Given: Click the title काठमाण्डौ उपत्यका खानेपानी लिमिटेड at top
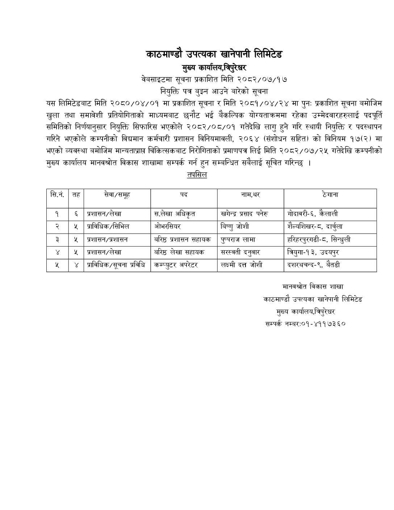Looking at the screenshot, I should click(x=214, y=54).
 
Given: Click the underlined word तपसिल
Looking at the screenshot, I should click(x=197, y=175).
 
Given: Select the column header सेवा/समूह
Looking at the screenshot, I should click(x=117, y=195).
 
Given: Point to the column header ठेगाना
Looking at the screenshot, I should click(x=330, y=195).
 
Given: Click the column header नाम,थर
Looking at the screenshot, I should click(x=250, y=195).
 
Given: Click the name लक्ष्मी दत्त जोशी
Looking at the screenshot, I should click(x=242, y=265).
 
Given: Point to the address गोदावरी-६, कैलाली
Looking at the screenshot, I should click(x=313, y=214).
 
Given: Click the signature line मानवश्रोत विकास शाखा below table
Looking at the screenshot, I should click(x=313, y=287).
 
